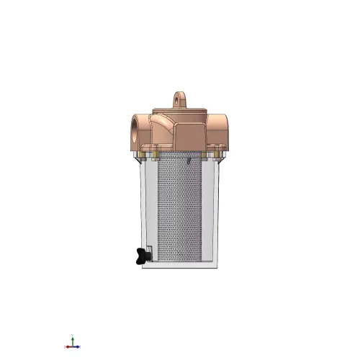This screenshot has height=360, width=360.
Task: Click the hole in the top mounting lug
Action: coord(180,96)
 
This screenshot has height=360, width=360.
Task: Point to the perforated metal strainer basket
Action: coord(180,209)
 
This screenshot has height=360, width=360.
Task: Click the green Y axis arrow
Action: coord(72,338)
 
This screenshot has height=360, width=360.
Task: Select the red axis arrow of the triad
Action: coord(78,346)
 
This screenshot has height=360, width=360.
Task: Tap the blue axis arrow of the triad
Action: coord(67,346)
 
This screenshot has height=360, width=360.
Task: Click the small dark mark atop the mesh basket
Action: coord(186,161)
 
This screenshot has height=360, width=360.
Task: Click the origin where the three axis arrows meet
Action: coord(72,346)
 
